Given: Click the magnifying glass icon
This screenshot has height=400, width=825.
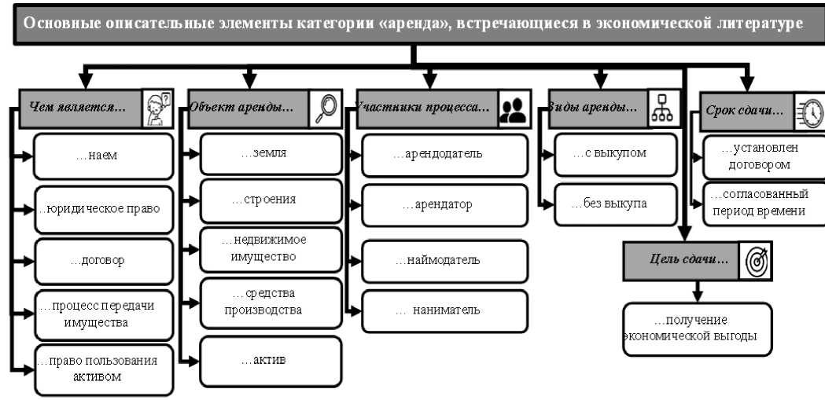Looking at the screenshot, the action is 326,109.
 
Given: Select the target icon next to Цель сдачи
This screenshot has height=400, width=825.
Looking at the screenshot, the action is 756,261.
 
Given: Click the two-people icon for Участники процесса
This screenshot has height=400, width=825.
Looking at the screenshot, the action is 514,109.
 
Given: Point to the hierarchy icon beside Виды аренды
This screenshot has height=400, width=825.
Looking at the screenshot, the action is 662,108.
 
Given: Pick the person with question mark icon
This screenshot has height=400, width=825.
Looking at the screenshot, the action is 157,108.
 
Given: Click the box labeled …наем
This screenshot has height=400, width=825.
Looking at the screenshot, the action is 104,156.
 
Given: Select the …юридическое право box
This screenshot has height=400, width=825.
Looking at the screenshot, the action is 104,209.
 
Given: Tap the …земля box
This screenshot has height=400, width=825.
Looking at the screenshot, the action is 271,154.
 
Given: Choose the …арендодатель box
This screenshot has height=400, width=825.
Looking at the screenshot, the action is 444,155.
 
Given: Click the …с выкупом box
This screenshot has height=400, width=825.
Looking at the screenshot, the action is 616,155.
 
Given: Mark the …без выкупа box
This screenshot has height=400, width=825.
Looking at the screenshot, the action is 616,204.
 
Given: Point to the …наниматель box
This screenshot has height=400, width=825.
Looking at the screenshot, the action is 444,311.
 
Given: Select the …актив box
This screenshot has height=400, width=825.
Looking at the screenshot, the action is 271,361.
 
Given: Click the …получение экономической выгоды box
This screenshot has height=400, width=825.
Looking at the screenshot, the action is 697,329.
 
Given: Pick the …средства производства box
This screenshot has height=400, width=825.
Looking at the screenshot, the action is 271,303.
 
